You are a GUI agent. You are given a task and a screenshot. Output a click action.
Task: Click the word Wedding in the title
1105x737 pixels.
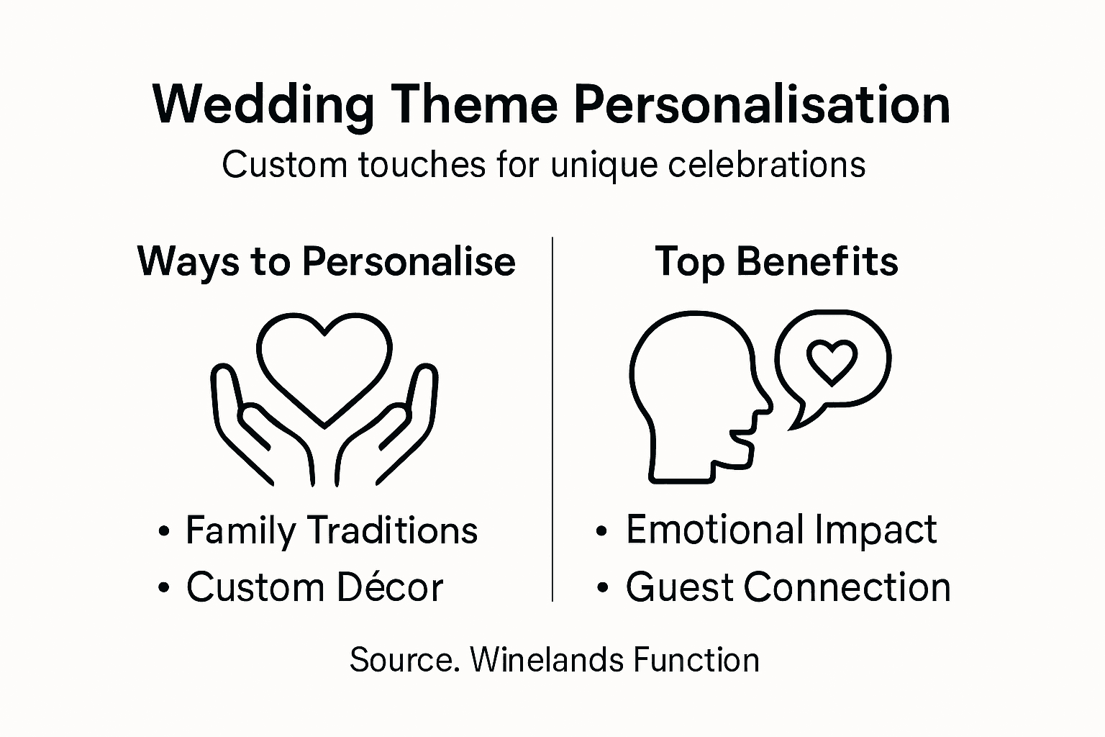point(263,106)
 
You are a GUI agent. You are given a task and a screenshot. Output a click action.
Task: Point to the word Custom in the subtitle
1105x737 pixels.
point(284,165)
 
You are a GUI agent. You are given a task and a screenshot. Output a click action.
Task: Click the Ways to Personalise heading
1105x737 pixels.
point(326,261)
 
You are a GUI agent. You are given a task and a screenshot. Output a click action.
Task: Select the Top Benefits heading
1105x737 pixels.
point(776,261)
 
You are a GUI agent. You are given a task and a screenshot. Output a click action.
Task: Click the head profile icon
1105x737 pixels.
point(691,396)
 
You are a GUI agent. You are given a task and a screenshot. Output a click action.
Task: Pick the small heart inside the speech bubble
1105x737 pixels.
point(832,361)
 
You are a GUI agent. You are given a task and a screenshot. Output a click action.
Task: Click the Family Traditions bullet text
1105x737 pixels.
point(332,531)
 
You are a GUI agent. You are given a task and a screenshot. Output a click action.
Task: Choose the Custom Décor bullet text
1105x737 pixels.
point(314,587)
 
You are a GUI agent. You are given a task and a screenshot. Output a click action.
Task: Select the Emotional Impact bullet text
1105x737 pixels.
point(781,530)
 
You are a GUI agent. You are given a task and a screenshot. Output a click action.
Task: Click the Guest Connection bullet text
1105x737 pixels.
point(788,587)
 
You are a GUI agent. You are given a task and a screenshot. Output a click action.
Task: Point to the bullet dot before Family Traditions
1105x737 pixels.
point(165,533)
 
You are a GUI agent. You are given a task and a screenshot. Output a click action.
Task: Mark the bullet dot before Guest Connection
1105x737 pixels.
point(603,589)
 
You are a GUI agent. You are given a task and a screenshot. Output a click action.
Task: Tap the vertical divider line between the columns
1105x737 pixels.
point(552,417)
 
